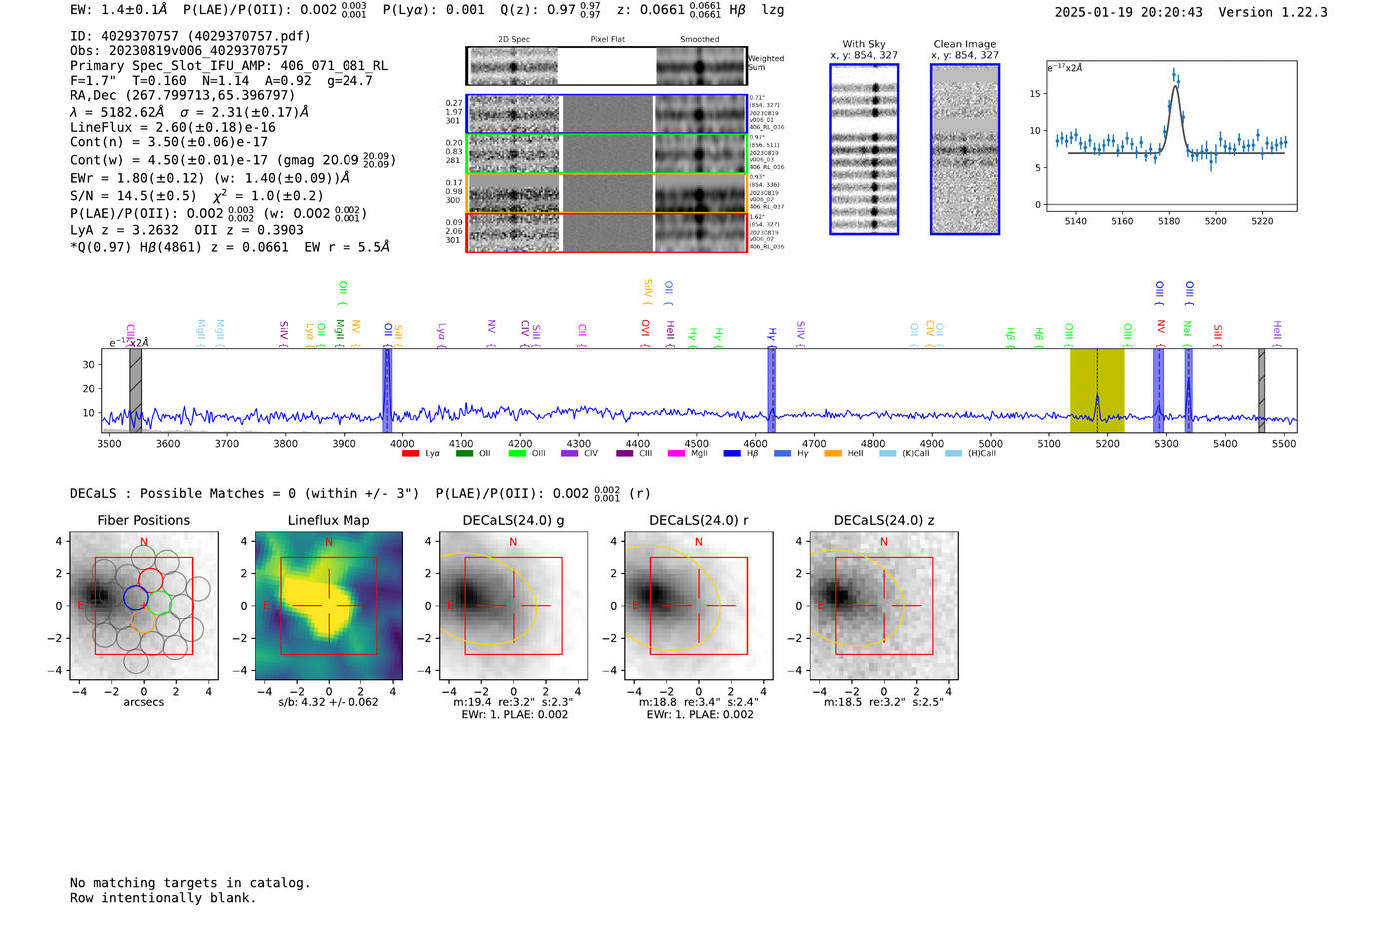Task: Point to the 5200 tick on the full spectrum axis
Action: tap(1107, 444)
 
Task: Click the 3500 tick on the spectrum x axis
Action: tap(109, 444)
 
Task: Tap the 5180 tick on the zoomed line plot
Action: tap(1169, 221)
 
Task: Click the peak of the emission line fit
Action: tap(1175, 87)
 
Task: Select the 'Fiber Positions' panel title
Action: tap(143, 520)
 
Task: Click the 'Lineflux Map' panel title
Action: tap(328, 520)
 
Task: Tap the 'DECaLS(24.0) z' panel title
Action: tap(883, 520)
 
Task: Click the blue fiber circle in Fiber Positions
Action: tap(136, 598)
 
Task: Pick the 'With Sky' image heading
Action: tap(863, 44)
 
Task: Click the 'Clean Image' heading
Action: tap(964, 44)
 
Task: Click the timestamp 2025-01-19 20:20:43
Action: tap(1128, 12)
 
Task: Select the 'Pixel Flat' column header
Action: tap(607, 40)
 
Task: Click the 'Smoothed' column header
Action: tap(699, 40)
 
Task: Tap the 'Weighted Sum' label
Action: tap(765, 63)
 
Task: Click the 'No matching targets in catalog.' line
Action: tap(190, 883)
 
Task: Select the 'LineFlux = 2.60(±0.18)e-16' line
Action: tap(173, 127)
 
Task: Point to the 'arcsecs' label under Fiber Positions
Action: tap(143, 702)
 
